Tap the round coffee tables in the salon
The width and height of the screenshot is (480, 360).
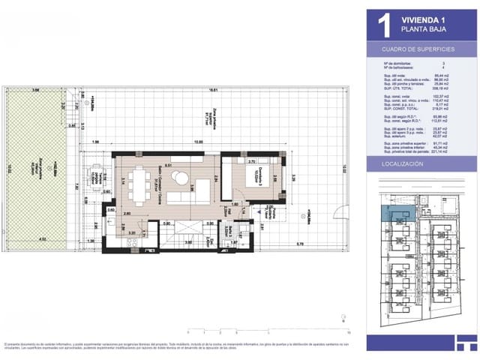[180, 178]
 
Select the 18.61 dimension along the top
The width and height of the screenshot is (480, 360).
[213, 90]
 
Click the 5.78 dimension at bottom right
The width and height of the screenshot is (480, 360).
[299, 243]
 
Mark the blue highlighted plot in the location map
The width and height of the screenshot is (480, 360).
[395, 213]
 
